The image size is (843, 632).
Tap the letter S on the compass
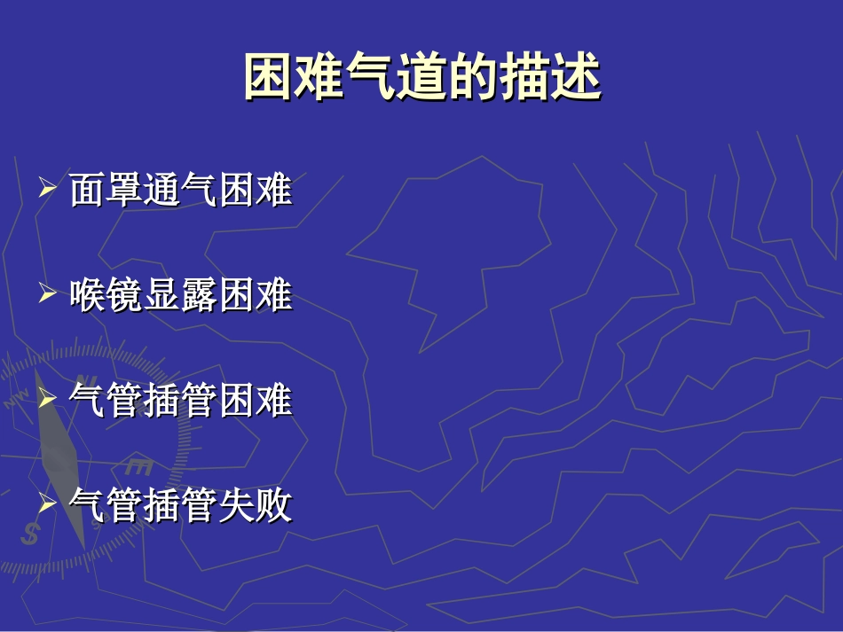point(32,534)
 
